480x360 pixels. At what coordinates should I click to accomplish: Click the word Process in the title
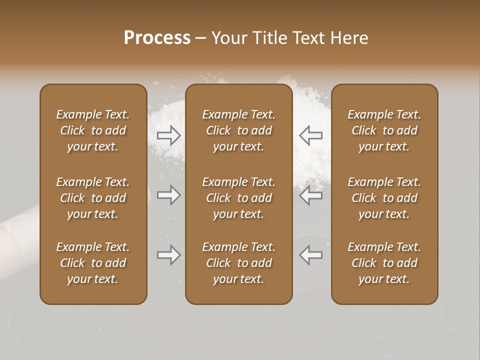[157, 38]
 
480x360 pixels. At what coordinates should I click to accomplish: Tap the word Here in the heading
[350, 38]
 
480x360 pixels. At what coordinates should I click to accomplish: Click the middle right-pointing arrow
[168, 195]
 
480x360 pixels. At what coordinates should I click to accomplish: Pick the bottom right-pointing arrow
[168, 255]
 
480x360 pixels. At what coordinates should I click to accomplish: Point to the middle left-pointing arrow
[311, 195]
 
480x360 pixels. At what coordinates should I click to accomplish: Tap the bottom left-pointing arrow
[311, 255]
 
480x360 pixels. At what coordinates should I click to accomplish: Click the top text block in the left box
[93, 130]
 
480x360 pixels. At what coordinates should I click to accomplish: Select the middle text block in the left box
[93, 198]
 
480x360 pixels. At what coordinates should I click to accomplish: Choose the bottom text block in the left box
[93, 263]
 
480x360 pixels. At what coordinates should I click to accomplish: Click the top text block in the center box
[238, 130]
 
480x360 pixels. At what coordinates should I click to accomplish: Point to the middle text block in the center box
[238, 198]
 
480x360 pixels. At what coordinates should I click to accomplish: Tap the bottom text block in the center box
[238, 263]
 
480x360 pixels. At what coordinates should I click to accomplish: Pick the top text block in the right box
[384, 130]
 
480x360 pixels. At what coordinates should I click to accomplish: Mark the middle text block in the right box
[384, 198]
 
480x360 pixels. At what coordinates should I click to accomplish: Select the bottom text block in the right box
[384, 263]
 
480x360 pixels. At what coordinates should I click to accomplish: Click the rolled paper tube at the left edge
[17, 227]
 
